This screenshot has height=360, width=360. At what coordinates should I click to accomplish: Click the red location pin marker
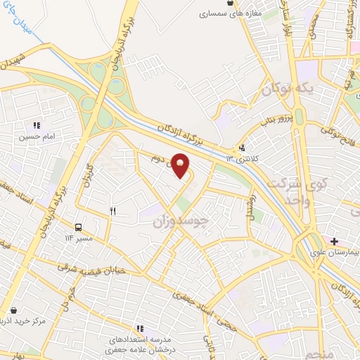pyautogui.click(x=181, y=165)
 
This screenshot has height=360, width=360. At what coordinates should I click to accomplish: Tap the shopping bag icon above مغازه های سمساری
pyautogui.click(x=230, y=4)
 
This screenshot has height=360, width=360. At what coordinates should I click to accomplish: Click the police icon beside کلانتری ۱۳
pyautogui.click(x=243, y=147)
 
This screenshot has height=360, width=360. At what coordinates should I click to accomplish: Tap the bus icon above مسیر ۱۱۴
pyautogui.click(x=78, y=227)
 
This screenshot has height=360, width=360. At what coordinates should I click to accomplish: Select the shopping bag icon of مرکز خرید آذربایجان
pyautogui.click(x=13, y=310)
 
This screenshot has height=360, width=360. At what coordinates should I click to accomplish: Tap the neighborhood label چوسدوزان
pyautogui.click(x=181, y=222)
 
